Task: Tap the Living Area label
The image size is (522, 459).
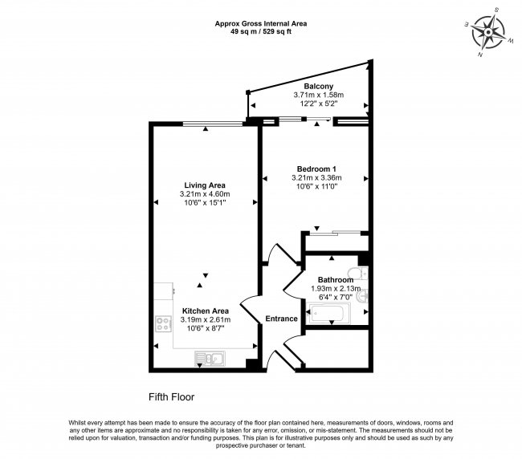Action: (x=205, y=185)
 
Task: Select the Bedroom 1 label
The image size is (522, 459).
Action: (x=316, y=168)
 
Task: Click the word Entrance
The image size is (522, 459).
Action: (x=281, y=319)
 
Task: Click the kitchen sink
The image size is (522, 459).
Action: (x=211, y=359)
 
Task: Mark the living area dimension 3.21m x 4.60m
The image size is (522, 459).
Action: (x=205, y=193)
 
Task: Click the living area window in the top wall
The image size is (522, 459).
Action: (x=213, y=124)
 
